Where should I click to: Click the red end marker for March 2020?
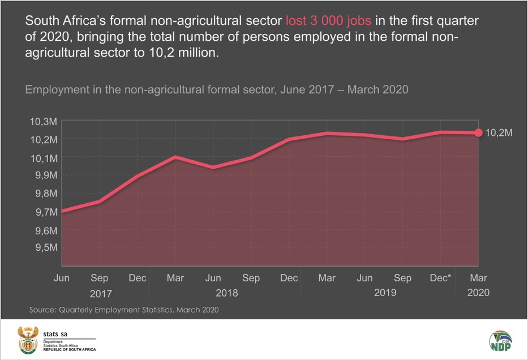click(478, 132)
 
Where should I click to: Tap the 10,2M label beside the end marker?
click(499, 133)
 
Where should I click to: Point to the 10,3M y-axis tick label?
click(42, 121)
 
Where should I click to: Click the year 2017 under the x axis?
click(100, 293)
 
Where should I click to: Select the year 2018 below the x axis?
click(226, 293)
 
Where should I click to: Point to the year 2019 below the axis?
click(384, 293)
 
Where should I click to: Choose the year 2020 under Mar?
click(478, 293)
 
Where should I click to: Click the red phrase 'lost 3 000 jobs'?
click(329, 22)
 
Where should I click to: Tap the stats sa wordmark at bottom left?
click(54, 335)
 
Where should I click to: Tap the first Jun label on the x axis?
click(62, 278)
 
